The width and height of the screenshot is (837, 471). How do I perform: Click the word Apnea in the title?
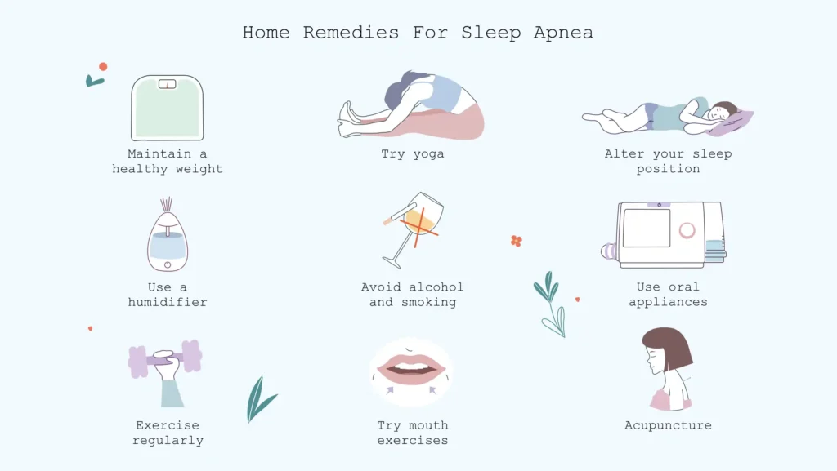coord(563,33)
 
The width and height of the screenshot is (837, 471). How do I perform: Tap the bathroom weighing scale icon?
coord(167,108)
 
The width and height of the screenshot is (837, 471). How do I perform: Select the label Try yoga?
coord(412,153)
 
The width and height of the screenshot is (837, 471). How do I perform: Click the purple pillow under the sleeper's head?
coord(730,124)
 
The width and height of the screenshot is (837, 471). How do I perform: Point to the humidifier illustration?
coord(167,241)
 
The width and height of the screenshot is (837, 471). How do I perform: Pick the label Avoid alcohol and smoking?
coord(412,295)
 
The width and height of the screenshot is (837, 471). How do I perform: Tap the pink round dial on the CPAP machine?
coord(687,230)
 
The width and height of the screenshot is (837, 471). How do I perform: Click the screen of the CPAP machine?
coord(646,228)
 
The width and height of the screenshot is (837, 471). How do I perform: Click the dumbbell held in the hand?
coord(164,358)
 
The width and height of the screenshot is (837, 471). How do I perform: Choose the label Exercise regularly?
coord(168,433)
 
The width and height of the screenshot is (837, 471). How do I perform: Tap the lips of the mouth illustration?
coord(411,368)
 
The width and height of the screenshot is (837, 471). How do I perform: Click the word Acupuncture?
coord(668,425)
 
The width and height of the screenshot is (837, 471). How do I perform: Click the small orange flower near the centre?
coord(516,241)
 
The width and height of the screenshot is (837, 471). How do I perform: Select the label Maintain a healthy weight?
coord(167,162)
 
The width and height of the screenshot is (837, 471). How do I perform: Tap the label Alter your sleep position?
coord(668,162)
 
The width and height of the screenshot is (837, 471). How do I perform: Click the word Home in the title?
coord(266,33)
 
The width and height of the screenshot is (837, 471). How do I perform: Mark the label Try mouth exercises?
coord(412,433)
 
